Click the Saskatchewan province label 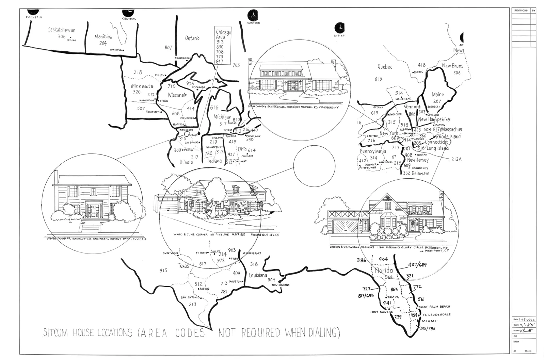(x=62, y=30)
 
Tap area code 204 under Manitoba (x=103, y=43)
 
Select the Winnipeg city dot (x=123, y=50)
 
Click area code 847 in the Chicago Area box (x=220, y=62)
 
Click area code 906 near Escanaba (x=190, y=83)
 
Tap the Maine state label (x=437, y=95)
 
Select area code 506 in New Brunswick (x=457, y=73)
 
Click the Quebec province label (x=385, y=67)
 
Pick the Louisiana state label (x=258, y=275)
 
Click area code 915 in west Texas (x=163, y=271)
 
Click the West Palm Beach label (x=435, y=307)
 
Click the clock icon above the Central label (x=129, y=13)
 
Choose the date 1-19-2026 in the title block (x=526, y=320)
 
